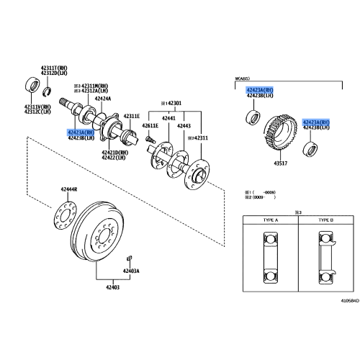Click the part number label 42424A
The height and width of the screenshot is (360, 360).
tap(102, 99)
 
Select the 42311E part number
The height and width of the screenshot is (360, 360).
tap(130, 116)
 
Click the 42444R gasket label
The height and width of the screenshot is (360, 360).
tap(69, 189)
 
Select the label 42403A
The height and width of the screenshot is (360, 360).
tap(130, 271)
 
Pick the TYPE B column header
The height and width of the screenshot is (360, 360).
tap(327, 220)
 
